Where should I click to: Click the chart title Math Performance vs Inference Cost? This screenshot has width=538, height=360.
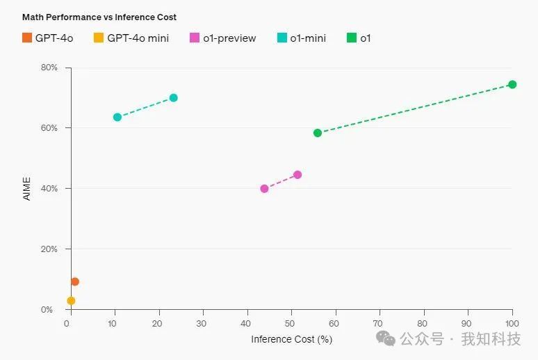tap(99, 17)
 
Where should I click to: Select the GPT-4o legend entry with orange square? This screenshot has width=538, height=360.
tap(48, 38)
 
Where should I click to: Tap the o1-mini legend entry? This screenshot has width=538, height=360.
tap(302, 38)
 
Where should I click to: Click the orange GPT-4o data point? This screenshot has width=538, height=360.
tap(75, 281)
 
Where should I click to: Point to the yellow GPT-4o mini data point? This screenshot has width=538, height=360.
tap(71, 301)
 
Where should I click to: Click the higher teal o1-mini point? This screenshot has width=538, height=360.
tap(174, 97)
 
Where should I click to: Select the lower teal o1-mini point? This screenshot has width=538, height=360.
tap(117, 117)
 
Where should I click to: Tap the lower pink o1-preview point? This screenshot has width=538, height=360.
tap(264, 189)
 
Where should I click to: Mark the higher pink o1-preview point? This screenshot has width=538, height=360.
tap(297, 175)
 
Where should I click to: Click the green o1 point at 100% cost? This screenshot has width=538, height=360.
tap(512, 84)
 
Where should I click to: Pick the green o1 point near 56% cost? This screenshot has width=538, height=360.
tap(318, 133)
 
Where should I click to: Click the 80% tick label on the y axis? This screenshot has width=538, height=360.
tap(49, 68)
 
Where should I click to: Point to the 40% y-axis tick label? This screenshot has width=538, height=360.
tap(49, 189)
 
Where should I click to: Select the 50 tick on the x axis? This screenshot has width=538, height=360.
tap(291, 324)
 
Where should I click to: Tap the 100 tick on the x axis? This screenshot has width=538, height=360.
tap(512, 324)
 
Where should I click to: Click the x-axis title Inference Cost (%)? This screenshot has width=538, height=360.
tap(291, 339)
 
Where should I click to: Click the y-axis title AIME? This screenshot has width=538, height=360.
tap(27, 189)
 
